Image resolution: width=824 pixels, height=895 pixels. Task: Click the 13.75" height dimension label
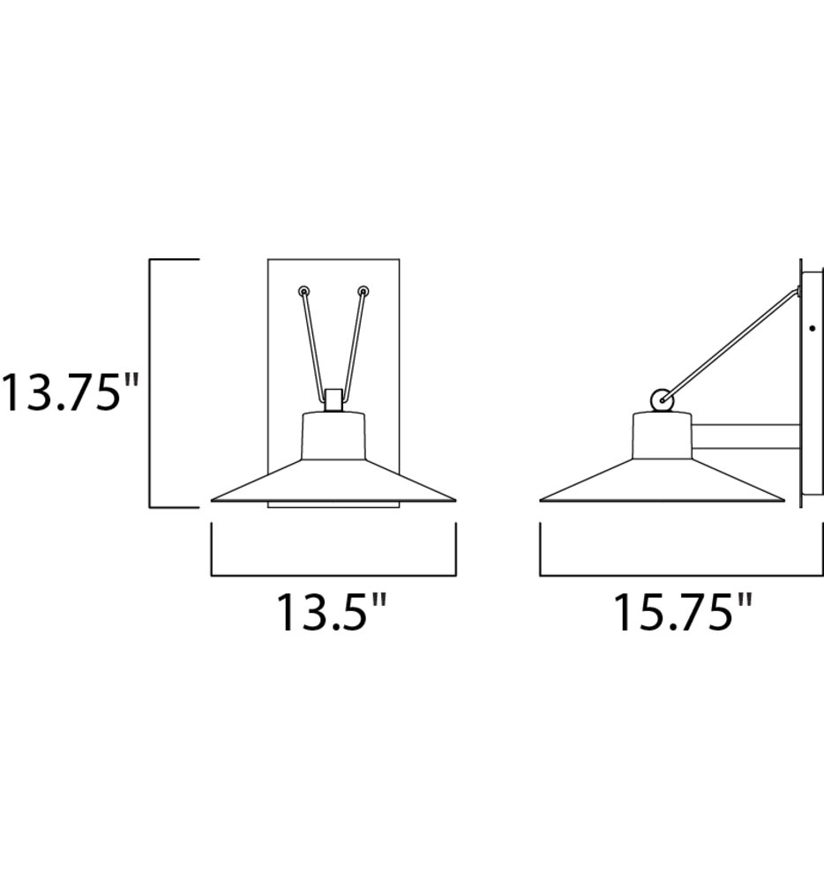[71, 392]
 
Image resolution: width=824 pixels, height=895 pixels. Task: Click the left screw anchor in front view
[303, 291]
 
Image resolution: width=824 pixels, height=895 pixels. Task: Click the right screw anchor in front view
[363, 291]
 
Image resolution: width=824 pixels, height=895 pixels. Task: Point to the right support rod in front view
[353, 344]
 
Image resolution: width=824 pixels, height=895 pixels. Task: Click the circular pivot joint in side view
[661, 400]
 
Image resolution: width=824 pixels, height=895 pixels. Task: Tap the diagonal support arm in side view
[732, 343]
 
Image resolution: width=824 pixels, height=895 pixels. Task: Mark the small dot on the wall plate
[812, 329]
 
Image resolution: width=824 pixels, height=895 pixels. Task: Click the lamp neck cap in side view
[662, 436]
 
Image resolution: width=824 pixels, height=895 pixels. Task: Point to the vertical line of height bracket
[150, 384]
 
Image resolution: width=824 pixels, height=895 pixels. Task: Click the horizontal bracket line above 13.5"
[333, 576]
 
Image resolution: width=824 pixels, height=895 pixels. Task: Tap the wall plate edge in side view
[800, 384]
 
